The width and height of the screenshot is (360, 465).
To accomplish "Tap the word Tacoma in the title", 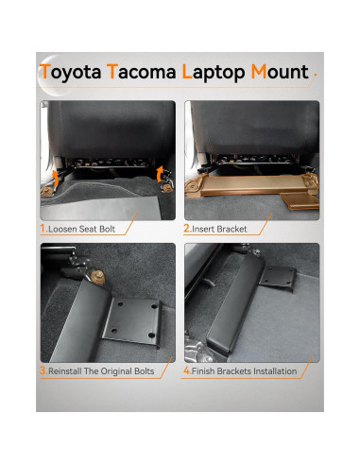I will pyautogui.click(x=142, y=72).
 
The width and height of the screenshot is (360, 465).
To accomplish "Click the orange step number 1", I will pyautogui.click(x=43, y=228).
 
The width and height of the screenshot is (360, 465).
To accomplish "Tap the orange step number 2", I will pyautogui.click(x=187, y=228).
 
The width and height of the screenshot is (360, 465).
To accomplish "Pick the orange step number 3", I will pyautogui.click(x=43, y=370).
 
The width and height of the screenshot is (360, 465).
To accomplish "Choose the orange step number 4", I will pyautogui.click(x=187, y=370).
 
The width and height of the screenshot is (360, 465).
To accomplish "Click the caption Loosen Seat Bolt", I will pyautogui.click(x=84, y=229).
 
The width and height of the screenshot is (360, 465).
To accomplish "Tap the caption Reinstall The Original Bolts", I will pyautogui.click(x=103, y=371).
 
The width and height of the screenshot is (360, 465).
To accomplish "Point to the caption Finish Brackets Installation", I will pyautogui.click(x=246, y=371).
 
